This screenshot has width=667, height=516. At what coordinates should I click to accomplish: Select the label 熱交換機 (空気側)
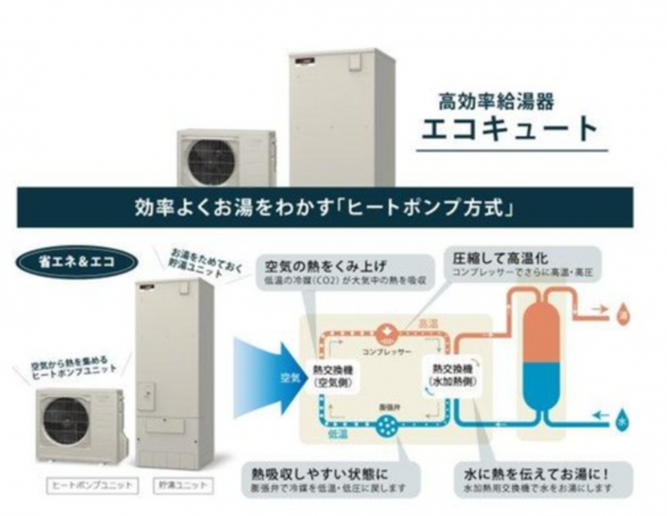tap(332, 374)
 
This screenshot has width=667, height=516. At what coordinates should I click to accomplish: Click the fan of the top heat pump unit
tap(212, 162)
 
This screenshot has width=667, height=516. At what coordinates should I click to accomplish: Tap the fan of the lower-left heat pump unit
tap(66, 420)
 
